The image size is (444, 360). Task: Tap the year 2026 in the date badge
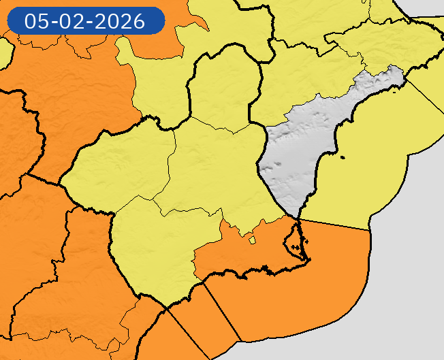121,21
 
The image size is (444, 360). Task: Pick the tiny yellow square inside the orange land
252,239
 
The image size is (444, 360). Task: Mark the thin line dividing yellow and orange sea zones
337,225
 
